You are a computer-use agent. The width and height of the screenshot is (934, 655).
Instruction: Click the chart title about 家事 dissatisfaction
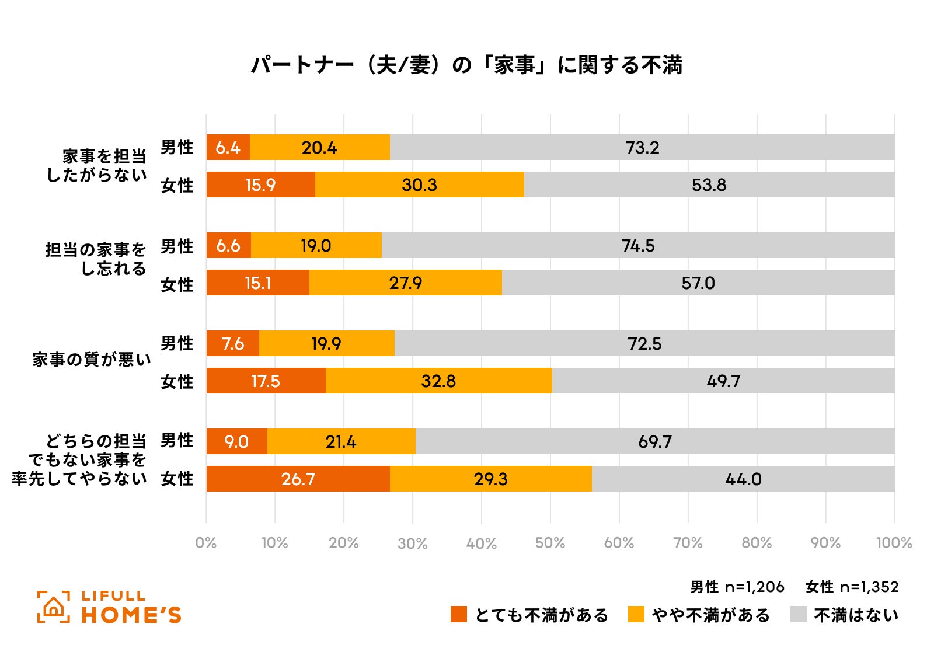pos(466,65)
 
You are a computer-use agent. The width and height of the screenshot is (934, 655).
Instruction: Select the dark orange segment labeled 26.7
pos(298,479)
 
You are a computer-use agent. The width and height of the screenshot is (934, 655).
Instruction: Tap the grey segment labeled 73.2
pos(642,147)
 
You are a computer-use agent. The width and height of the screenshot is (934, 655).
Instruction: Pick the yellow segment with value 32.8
pos(438,381)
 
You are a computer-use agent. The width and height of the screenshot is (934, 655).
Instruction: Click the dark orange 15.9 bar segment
pos(260,184)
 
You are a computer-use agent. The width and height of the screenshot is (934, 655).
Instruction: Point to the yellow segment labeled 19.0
pos(316,245)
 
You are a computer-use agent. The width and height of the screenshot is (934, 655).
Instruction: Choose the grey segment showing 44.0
pos(743,479)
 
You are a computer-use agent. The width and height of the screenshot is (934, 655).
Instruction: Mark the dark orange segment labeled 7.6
pos(233,343)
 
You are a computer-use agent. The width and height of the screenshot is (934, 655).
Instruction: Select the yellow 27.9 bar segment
pos(405,283)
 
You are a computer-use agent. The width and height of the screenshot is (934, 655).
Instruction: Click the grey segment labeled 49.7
pos(723,381)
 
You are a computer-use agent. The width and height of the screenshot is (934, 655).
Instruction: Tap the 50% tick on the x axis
pos(550,543)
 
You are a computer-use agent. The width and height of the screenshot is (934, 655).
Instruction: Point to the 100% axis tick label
pos(894,543)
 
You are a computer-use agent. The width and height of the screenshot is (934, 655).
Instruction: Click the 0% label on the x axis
pos(206,543)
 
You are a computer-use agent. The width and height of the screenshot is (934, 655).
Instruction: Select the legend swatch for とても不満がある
pos(459,614)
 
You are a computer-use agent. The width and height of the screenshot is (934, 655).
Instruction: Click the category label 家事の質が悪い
pos(92,360)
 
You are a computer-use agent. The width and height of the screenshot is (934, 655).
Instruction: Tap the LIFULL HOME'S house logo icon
pos(54,607)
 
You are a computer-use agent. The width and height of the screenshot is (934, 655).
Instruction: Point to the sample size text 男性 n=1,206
pos(737,587)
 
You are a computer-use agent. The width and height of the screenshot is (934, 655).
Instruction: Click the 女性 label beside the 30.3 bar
pos(177,185)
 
